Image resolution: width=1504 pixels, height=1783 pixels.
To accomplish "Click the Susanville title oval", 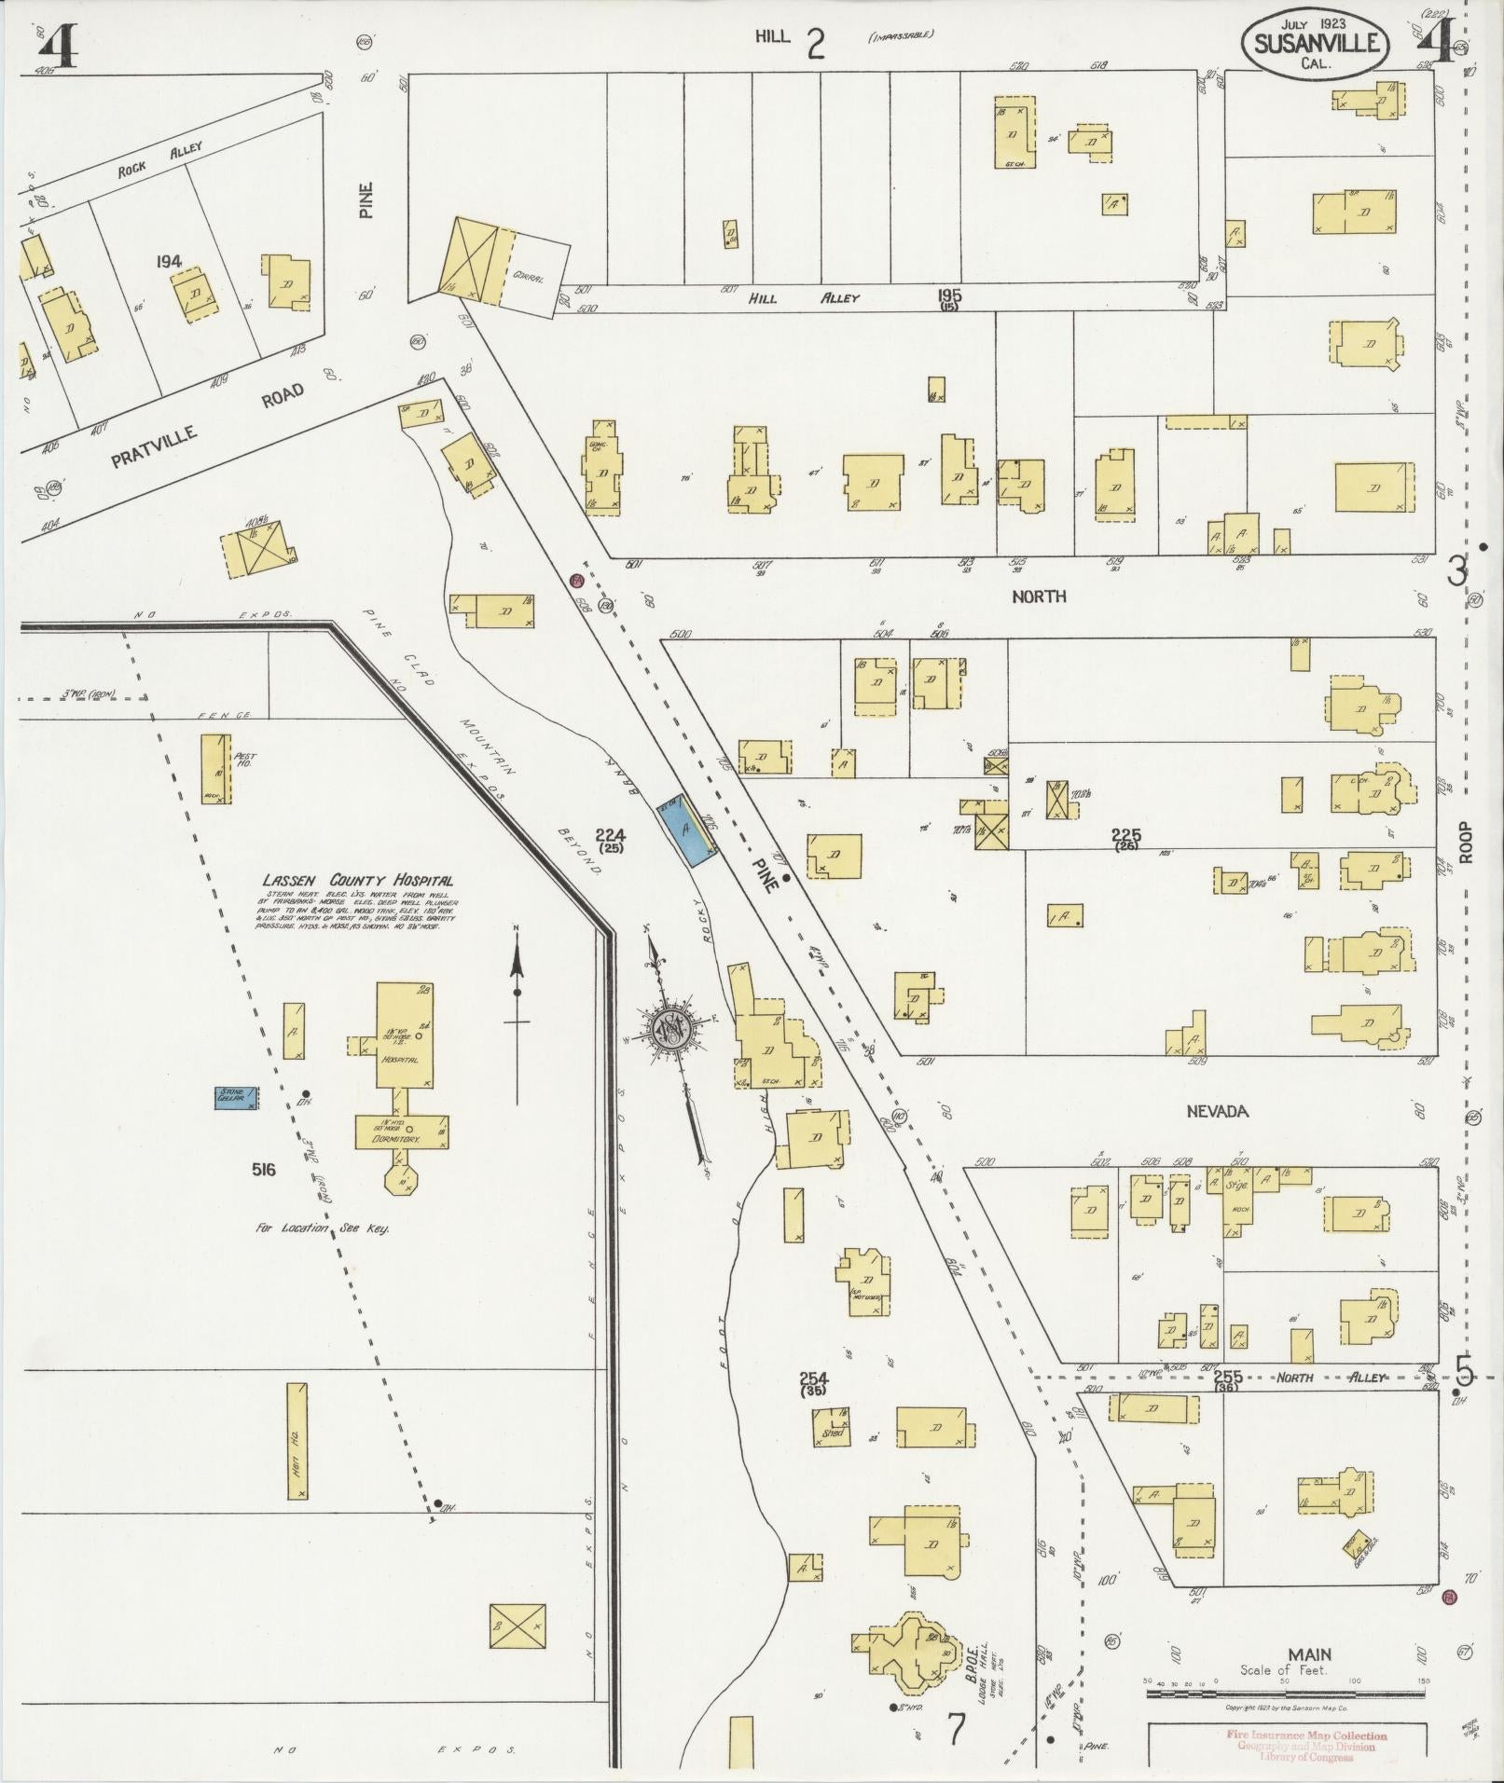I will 1315,44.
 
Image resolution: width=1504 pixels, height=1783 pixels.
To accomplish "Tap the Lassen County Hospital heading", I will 358,880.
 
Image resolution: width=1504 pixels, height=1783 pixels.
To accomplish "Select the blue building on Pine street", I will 687,829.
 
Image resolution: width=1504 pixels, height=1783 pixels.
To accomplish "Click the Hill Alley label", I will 801,298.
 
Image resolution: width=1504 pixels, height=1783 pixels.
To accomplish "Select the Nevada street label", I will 1217,1111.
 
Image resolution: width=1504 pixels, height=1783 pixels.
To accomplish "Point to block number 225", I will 1126,836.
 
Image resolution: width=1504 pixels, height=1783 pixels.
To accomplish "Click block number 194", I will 169,263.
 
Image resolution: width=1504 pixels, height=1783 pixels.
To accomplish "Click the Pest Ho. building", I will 215,768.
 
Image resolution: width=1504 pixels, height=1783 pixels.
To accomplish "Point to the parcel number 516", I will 263,1169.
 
